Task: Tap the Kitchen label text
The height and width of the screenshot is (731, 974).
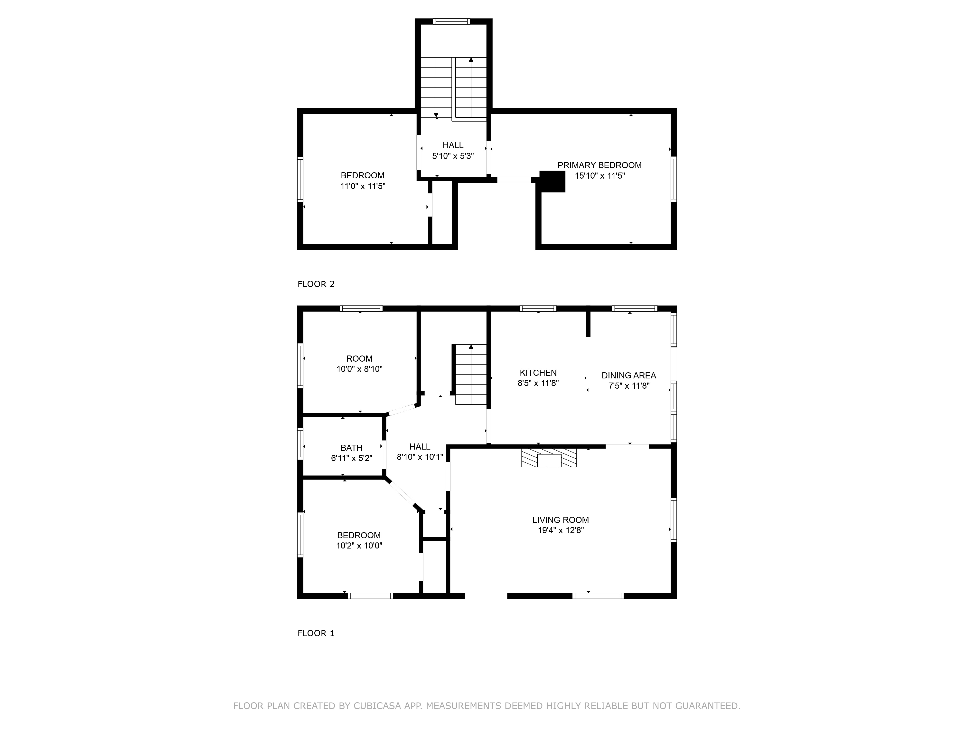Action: click(538, 373)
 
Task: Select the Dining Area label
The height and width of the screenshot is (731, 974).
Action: click(629, 375)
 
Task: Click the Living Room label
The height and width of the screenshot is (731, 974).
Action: click(561, 520)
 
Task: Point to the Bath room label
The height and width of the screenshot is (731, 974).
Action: click(351, 448)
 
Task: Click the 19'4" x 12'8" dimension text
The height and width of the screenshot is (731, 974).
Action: click(561, 530)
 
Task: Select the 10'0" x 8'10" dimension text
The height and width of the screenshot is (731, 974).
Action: click(359, 369)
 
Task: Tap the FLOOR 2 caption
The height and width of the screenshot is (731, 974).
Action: click(316, 284)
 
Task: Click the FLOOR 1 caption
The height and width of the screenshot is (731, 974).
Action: click(316, 633)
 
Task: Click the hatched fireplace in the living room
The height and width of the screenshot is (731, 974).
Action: click(549, 458)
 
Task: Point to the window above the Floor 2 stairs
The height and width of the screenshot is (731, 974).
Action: click(451, 21)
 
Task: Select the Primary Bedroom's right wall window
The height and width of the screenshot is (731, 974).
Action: click(674, 179)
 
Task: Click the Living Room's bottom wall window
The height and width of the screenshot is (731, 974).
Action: click(598, 596)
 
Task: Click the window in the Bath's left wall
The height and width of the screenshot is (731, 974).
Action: click(300, 444)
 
